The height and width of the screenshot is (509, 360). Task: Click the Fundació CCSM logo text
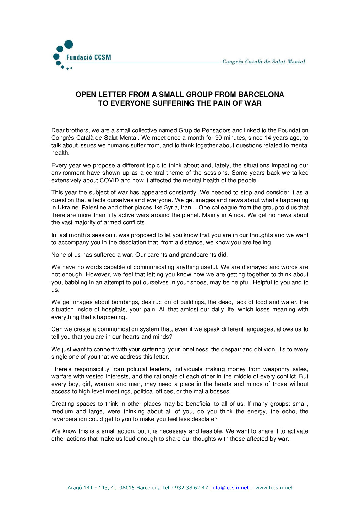[88, 57]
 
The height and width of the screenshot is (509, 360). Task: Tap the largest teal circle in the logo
[69, 45]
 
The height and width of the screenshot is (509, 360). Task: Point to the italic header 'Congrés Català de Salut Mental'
[264, 62]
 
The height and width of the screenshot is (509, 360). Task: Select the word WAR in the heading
[253, 103]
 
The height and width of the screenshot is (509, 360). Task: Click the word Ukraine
[68, 207]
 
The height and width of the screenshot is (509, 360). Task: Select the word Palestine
[94, 207]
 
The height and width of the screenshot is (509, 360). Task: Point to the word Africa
[236, 215]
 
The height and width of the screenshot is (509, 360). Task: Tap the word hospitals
[113, 309]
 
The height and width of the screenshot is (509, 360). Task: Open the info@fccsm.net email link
[230, 488]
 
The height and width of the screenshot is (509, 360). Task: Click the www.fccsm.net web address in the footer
[274, 488]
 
